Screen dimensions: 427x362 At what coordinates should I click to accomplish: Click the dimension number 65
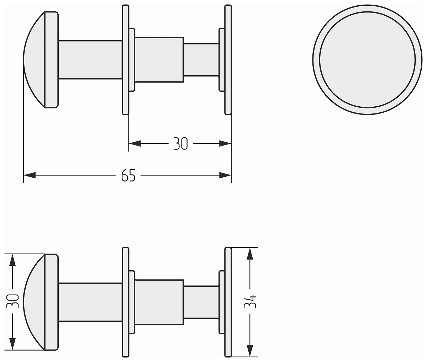pyautogui.click(x=128, y=175)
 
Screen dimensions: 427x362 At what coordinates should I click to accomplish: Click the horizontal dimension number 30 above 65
pyautogui.click(x=181, y=143)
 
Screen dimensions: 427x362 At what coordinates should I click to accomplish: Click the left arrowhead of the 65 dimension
pyautogui.click(x=30, y=175)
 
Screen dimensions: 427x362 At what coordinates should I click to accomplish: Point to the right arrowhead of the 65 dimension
pyautogui.click(x=225, y=175)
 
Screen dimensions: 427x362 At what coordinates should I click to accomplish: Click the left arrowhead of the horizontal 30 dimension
pyautogui.click(x=135, y=143)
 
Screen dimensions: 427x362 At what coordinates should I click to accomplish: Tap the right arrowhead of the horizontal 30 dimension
pyautogui.click(x=225, y=143)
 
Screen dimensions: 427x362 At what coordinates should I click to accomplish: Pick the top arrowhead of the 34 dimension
pyautogui.click(x=250, y=254)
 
